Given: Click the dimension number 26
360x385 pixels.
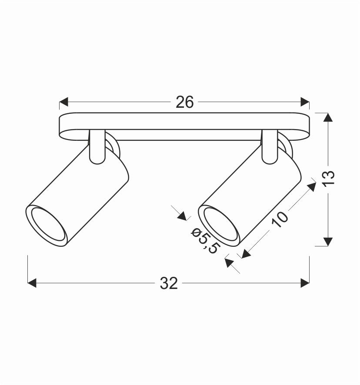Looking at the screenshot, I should (x=184, y=103).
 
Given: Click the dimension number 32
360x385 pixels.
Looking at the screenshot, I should (x=169, y=283).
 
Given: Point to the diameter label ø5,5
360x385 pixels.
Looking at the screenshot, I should (x=204, y=241).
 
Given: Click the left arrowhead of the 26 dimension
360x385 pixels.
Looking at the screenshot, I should (x=64, y=103).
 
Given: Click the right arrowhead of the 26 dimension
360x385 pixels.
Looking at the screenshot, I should (x=305, y=103).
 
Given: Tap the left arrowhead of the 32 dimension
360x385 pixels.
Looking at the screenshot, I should (x=32, y=283).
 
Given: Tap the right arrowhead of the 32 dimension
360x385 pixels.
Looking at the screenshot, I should (x=305, y=283).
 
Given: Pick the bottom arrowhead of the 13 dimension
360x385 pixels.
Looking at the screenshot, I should (x=328, y=242).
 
